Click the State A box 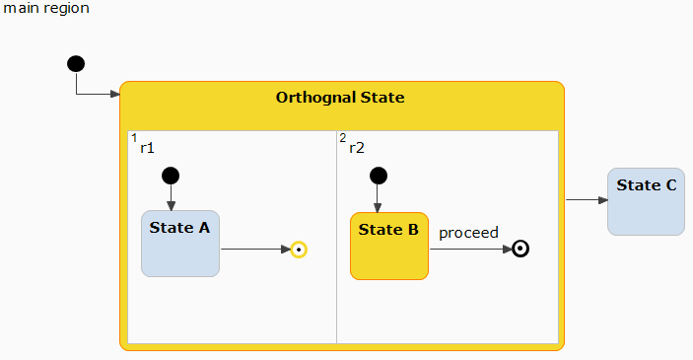[179, 244]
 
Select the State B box [388, 247]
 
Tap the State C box [646, 202]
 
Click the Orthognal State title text [340, 97]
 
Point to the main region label [46, 9]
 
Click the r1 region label [147, 148]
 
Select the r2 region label [357, 148]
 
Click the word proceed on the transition [468, 233]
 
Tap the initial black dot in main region [76, 64]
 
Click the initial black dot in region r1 [170, 176]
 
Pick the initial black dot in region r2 [377, 176]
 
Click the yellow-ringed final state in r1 [298, 250]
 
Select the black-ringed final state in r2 [521, 249]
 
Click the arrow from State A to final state [254, 250]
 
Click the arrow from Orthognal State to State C [587, 200]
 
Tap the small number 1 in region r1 [134, 138]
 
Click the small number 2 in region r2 [342, 138]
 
